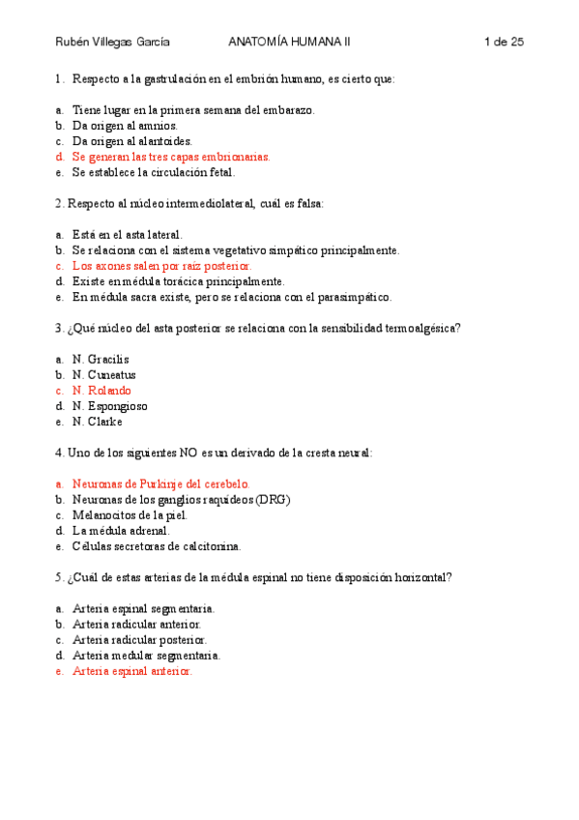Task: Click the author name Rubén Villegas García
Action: [112, 42]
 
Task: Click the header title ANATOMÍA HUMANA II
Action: [290, 42]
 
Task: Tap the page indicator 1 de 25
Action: [503, 42]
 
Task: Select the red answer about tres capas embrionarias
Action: [171, 157]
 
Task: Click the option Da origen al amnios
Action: [125, 126]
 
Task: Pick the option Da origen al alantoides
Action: [132, 141]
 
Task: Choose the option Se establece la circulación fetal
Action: [154, 172]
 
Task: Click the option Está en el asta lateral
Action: [127, 234]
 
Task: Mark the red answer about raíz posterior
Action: [161, 265]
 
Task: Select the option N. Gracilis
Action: [101, 359]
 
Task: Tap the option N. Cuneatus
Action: [103, 374]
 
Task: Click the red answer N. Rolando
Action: [101, 390]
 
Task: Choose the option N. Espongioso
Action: [109, 405]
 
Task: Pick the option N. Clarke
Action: [98, 421]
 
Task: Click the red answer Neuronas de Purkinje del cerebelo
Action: [160, 483]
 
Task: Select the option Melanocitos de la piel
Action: [130, 514]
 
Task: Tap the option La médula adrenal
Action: [121, 530]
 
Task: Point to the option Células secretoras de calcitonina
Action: [157, 545]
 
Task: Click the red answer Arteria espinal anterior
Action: [132, 670]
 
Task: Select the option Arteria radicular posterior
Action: [139, 639]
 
